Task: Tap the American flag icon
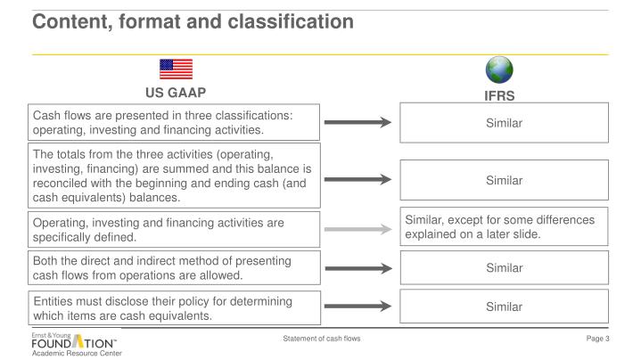pyautogui.click(x=176, y=70)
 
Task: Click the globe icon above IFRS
pyautogui.click(x=500, y=70)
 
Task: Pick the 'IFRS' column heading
pyautogui.click(x=500, y=93)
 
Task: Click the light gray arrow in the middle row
pyautogui.click(x=357, y=229)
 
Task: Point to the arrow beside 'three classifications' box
pyautogui.click(x=357, y=123)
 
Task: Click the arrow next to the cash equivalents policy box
pyautogui.click(x=357, y=306)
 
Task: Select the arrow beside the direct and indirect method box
pyautogui.click(x=357, y=267)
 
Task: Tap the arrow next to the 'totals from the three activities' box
pyautogui.click(x=357, y=179)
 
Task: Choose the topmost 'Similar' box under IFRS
pyautogui.click(x=504, y=123)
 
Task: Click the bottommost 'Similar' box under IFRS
pyautogui.click(x=504, y=306)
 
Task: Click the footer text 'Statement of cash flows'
pyautogui.click(x=321, y=340)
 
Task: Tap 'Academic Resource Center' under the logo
pyautogui.click(x=76, y=354)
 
